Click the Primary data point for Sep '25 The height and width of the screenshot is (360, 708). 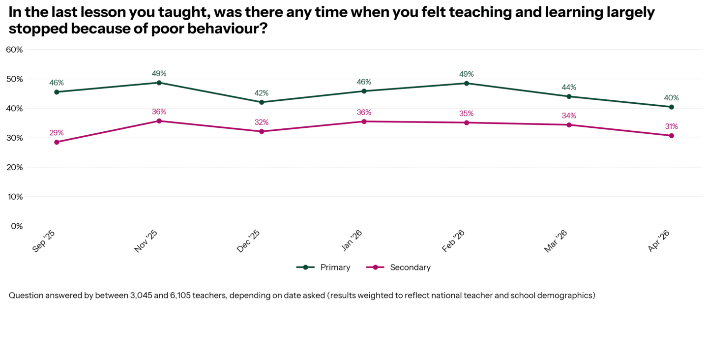(57, 92)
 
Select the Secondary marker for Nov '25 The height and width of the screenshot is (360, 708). (159, 121)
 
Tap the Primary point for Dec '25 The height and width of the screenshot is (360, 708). (262, 102)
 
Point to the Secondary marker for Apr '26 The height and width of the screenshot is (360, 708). (672, 136)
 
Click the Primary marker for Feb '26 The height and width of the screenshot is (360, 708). (467, 83)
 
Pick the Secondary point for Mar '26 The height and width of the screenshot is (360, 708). (569, 125)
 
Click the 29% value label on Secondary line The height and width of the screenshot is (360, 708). (57, 133)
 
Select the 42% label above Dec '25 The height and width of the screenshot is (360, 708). (262, 93)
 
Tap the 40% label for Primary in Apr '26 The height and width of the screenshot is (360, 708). (672, 97)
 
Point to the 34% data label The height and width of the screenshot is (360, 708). (569, 116)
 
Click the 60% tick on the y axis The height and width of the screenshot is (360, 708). (14, 50)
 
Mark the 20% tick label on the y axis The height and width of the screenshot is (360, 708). (14, 167)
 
